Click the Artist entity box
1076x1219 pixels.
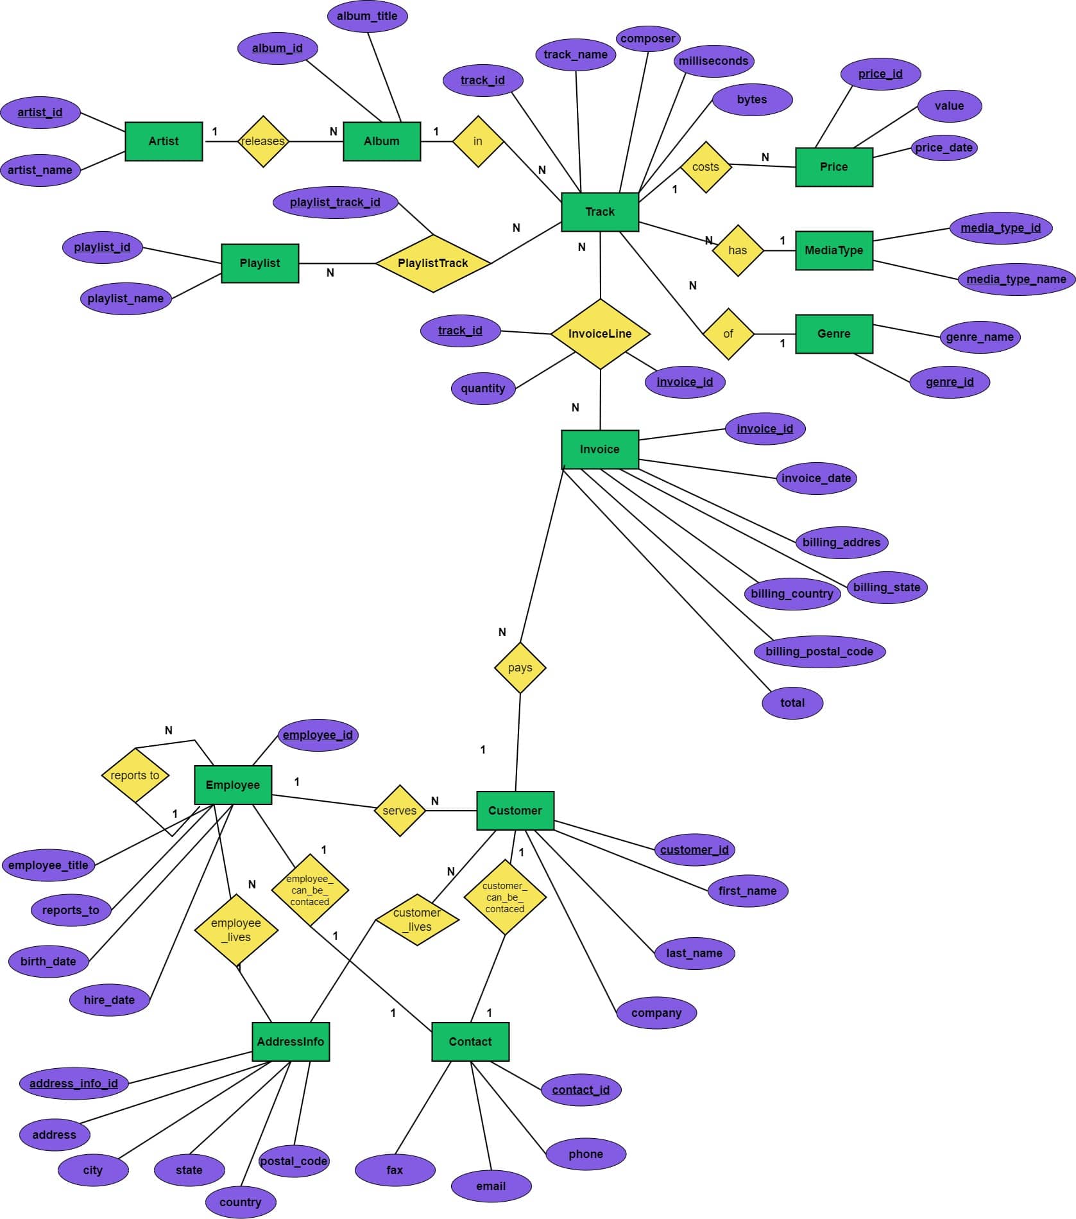(x=164, y=141)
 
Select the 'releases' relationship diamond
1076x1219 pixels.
(x=263, y=141)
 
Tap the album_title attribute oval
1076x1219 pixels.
(x=368, y=16)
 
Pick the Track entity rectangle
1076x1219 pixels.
(x=600, y=212)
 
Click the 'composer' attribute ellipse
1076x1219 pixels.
(x=648, y=39)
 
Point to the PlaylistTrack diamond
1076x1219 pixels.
(x=433, y=263)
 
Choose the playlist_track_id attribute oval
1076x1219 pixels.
(x=335, y=202)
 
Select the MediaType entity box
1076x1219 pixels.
(x=833, y=250)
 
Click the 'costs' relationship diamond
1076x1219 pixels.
(x=706, y=167)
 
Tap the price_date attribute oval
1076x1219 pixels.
(x=944, y=148)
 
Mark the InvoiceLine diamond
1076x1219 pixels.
(x=600, y=334)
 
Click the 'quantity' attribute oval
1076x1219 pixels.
(x=483, y=388)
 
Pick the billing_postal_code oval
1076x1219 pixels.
(x=819, y=652)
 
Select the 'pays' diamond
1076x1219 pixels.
(x=520, y=668)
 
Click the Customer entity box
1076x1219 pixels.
(x=515, y=811)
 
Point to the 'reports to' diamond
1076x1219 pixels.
(x=135, y=775)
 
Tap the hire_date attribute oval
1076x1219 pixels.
(x=110, y=999)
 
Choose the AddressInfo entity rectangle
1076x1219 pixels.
(x=291, y=1042)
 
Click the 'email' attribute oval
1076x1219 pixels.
(x=491, y=1186)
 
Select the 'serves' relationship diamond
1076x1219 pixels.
(x=400, y=811)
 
